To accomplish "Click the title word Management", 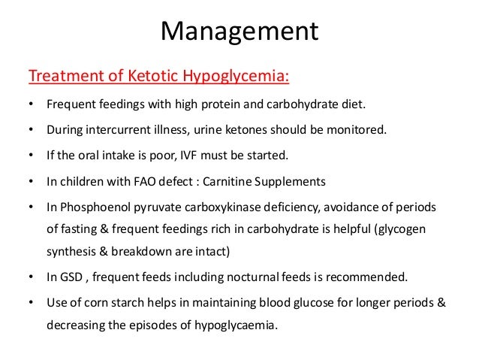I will click(x=240, y=32).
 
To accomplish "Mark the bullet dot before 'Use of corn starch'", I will click(x=31, y=303).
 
